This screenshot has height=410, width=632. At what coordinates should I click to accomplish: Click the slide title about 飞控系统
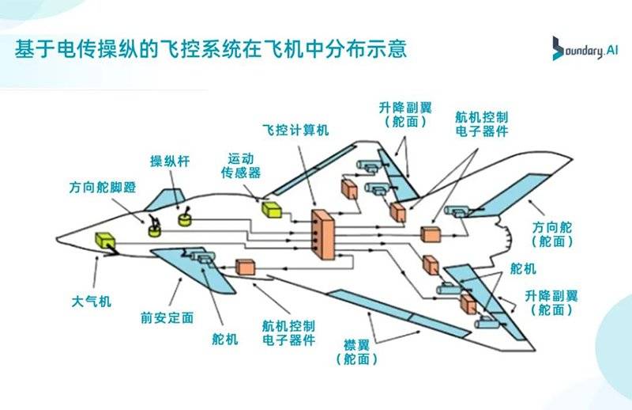212,49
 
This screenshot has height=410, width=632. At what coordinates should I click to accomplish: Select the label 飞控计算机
295,129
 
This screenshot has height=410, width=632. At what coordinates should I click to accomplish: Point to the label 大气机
92,302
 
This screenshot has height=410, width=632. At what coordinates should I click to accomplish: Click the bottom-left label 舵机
225,339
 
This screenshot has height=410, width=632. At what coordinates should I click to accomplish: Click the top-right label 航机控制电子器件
480,123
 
